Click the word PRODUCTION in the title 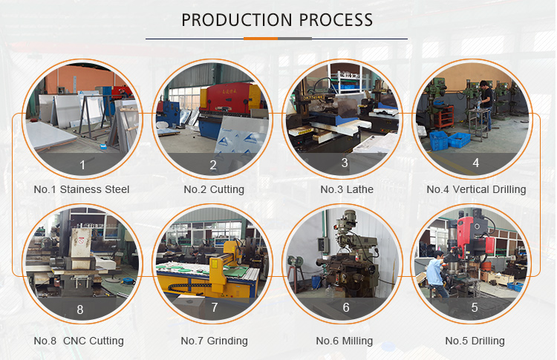pos(237,20)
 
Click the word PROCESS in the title pos(336,20)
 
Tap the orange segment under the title pos(261,39)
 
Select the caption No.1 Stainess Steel pos(82,189)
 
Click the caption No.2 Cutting pos(214,189)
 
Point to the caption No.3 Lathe pos(347,189)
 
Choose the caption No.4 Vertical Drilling pos(476,189)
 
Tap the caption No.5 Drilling pos(475,341)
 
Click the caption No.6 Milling pos(345,341)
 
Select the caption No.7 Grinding pos(214,341)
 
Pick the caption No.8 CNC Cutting pos(79,341)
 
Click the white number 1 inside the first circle pos(82,165)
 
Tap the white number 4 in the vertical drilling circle pos(476,163)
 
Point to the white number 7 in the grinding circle pos(215,307)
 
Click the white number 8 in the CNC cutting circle pos(80,310)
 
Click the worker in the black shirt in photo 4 pos(486,104)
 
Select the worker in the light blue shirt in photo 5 pos(436,274)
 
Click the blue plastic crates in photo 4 pos(449,140)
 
